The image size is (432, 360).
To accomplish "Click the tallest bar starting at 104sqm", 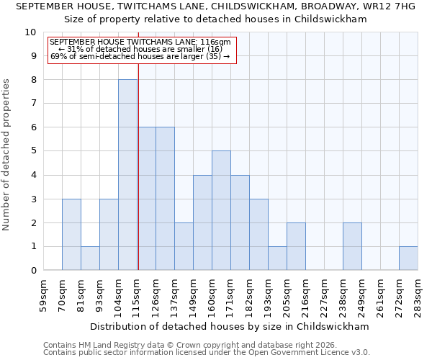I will pyautogui.click(x=127, y=175).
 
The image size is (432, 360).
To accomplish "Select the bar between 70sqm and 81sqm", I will pyautogui.click(x=71, y=235).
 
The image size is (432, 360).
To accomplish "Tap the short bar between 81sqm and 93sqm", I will pyautogui.click(x=90, y=258).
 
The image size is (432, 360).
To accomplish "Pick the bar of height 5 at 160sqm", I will pyautogui.click(x=221, y=210).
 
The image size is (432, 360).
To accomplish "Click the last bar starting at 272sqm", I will pyautogui.click(x=408, y=258).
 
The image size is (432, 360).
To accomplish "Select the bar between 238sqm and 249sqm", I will pyautogui.click(x=352, y=246).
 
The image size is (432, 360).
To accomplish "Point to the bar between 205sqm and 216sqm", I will pyautogui.click(x=296, y=246).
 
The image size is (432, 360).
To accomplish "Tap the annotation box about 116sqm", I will pyautogui.click(x=142, y=49).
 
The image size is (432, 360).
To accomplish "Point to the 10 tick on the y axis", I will pyautogui.click(x=30, y=32).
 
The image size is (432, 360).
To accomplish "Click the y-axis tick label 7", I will pyautogui.click(x=33, y=104).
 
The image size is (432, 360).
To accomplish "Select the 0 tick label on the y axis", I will pyautogui.click(x=33, y=271).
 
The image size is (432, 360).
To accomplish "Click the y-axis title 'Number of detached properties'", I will pyautogui.click(x=7, y=155).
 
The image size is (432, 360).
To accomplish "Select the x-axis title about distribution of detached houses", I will pyautogui.click(x=230, y=326).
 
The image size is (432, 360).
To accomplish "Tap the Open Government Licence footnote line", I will pyautogui.click(x=207, y=352).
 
